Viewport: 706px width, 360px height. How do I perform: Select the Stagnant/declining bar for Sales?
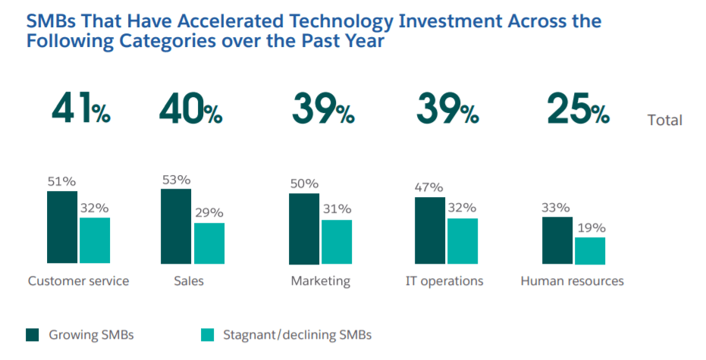(x=209, y=243)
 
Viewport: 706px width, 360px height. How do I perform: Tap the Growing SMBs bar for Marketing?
(x=304, y=228)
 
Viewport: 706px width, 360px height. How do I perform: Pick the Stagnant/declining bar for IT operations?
(x=463, y=241)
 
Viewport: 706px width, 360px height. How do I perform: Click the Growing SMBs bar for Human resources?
(x=557, y=239)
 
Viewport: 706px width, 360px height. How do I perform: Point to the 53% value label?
(x=176, y=180)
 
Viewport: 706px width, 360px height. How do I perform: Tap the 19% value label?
(x=590, y=228)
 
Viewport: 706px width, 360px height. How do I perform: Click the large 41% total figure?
(x=80, y=111)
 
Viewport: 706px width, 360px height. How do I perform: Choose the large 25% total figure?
(x=577, y=111)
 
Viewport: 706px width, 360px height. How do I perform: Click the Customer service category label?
(x=78, y=281)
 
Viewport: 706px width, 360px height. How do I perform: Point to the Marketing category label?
(x=320, y=281)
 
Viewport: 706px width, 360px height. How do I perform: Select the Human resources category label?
(x=572, y=281)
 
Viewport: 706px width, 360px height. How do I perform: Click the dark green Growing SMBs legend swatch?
(x=32, y=334)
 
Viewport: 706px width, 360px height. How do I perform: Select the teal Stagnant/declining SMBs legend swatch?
(x=207, y=334)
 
